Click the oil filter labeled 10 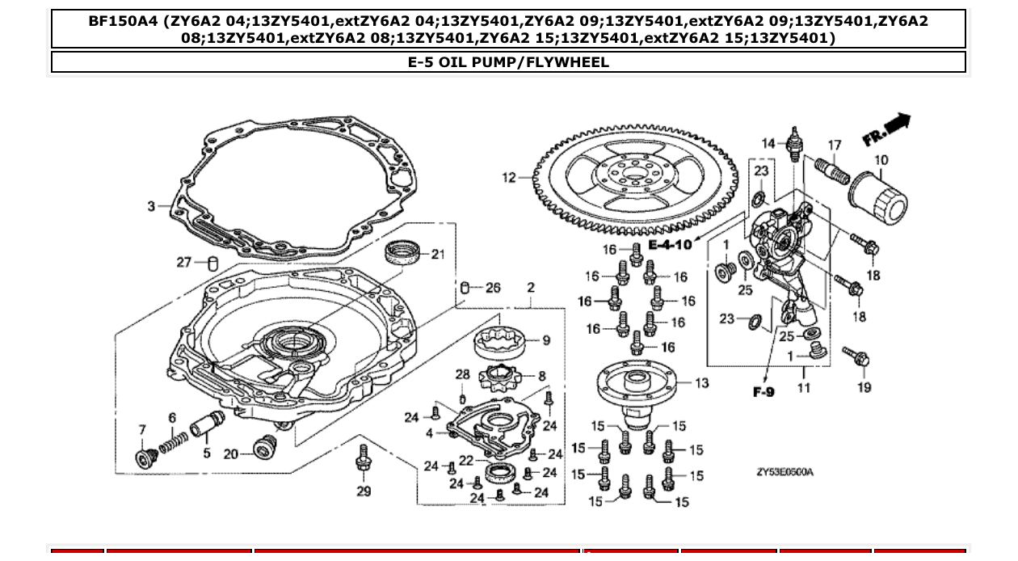878,198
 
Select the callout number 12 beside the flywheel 508,178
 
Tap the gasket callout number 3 151,207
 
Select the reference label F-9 763,392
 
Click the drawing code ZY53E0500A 785,472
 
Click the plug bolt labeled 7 146,458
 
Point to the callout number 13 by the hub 701,382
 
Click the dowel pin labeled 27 212,263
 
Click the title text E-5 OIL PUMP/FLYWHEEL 508,62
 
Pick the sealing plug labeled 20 264,447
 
